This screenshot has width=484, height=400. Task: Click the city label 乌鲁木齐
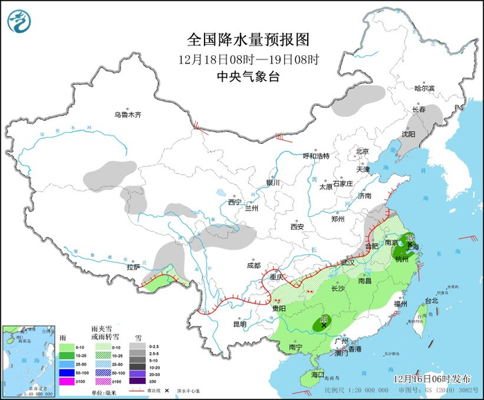pos(127,115)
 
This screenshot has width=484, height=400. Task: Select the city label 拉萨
pos(133,267)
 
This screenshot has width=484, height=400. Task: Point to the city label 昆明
pos(239,323)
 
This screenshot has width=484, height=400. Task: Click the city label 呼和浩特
pos(317,155)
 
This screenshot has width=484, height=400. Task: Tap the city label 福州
pos(400,303)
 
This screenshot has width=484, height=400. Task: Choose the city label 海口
pos(317,374)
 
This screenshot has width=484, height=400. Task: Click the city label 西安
pos(297,227)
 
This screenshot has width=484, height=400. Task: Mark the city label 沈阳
pos(409,134)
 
